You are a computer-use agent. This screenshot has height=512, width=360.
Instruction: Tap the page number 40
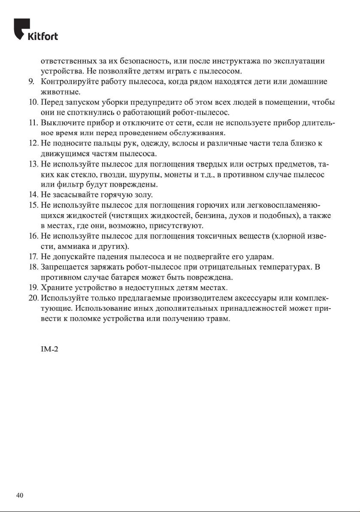20,495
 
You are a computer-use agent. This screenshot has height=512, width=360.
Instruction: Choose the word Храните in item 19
54,288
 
